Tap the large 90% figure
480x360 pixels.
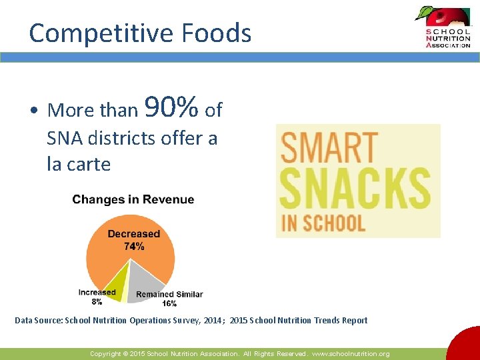click(x=171, y=106)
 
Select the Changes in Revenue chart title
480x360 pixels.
click(x=133, y=199)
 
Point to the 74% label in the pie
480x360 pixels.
click(x=134, y=247)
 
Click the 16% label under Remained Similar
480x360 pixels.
click(x=169, y=303)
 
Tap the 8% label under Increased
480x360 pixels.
click(x=97, y=301)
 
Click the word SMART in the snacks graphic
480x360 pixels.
click(x=329, y=148)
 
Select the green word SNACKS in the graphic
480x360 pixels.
click(x=355, y=189)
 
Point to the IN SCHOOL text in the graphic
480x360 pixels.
click(x=323, y=222)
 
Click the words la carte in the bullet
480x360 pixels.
click(x=79, y=163)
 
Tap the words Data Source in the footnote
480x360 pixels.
click(x=38, y=321)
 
